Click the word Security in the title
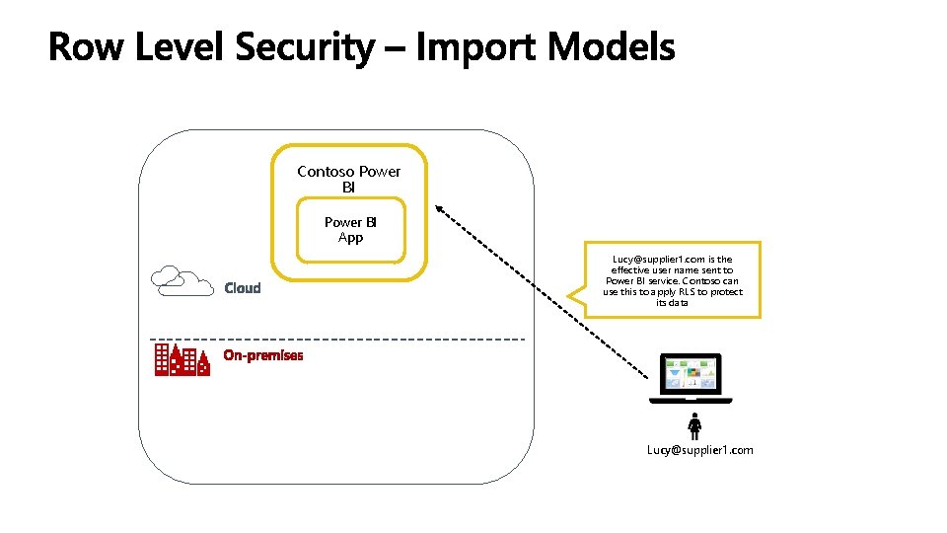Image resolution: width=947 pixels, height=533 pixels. [x=305, y=46]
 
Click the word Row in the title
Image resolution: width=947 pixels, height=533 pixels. [x=87, y=46]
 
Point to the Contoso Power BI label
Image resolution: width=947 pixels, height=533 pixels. [x=349, y=179]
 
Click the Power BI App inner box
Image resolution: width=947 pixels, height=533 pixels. [x=350, y=231]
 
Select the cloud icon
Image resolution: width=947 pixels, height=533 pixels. [x=182, y=281]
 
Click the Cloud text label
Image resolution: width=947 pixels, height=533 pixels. [x=243, y=288]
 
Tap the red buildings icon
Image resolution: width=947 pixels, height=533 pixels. [x=182, y=360]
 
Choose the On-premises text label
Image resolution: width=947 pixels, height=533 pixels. [x=263, y=355]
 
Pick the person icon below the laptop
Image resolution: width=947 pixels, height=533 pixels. [x=694, y=425]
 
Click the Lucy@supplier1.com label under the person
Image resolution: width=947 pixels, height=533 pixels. [x=699, y=450]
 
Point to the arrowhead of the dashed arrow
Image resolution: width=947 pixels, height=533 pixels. [x=440, y=209]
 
